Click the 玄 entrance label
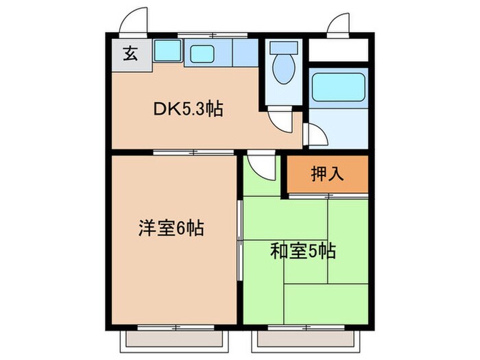(129, 52)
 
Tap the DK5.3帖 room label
(187, 108)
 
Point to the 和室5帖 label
(302, 251)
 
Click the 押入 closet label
(328, 174)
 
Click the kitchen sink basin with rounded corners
(201, 51)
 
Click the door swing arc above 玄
(134, 21)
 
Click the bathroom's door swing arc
(315, 136)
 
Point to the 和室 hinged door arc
(261, 167)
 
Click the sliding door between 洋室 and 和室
(239, 240)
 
